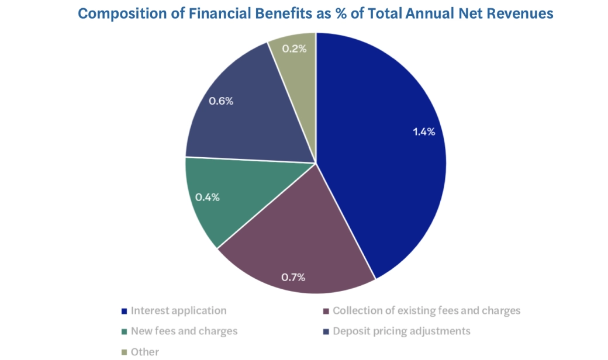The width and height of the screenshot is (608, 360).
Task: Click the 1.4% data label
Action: (x=424, y=131)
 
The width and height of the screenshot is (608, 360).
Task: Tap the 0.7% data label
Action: (x=293, y=277)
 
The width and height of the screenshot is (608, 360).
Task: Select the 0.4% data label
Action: (x=208, y=197)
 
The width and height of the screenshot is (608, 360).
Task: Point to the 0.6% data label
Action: (x=222, y=101)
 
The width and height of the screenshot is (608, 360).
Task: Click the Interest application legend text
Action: (x=178, y=310)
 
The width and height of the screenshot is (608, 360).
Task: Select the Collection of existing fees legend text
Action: (x=426, y=310)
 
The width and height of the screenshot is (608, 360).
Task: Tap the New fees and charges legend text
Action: (x=184, y=331)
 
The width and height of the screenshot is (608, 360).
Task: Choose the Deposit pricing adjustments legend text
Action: (x=401, y=331)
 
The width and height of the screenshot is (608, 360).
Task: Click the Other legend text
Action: (x=144, y=351)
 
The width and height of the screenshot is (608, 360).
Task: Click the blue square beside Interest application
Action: (x=123, y=311)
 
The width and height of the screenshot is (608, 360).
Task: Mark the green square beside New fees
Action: (x=123, y=331)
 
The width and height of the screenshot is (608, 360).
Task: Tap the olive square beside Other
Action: (x=123, y=352)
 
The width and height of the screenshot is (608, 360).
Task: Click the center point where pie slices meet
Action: (x=316, y=163)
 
